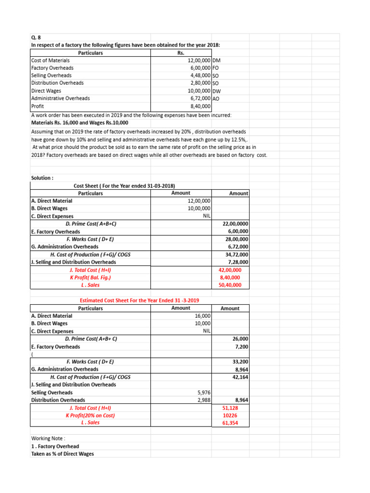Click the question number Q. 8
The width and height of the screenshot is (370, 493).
coord(36,38)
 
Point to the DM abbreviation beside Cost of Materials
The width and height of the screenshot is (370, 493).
coord(216,61)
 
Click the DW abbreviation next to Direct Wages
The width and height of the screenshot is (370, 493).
coord(216,91)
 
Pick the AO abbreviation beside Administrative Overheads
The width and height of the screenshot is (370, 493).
coord(216,99)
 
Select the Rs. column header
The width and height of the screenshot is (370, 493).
coord(181,53)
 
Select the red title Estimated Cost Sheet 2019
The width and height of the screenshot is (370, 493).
coord(139,300)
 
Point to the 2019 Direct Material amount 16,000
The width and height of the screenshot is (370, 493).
coord(202,316)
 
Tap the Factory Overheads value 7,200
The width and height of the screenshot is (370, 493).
coord(241,347)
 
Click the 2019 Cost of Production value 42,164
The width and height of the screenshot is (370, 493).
coord(240,377)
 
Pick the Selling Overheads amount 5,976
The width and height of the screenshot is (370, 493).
coord(204,393)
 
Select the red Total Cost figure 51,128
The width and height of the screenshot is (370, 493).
coord(238,408)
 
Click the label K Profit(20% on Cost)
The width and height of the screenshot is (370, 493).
coord(91,415)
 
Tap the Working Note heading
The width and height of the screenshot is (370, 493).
coord(48,439)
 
